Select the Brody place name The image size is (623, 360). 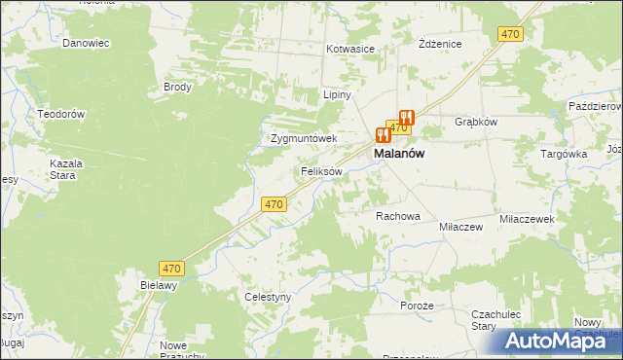coord(178,87)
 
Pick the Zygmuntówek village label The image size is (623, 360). coord(303,138)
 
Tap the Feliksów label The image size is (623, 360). coord(320,171)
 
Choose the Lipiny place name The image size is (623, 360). coord(337,96)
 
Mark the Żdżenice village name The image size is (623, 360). coord(439,45)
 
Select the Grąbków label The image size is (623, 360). coord(476,123)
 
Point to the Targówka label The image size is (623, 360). coord(564,154)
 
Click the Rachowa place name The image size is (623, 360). coord(398,216)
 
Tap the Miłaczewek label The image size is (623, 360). coord(527,220)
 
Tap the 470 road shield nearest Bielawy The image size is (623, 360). coord(172,268)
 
